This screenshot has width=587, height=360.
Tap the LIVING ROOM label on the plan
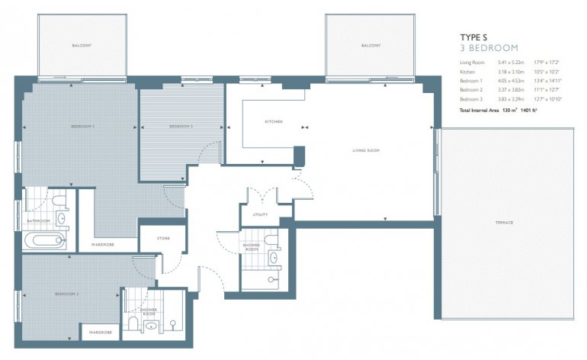(366, 150)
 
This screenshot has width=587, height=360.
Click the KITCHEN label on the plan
(274, 122)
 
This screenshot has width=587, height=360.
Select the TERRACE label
(503, 223)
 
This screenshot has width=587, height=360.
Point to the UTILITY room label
(260, 215)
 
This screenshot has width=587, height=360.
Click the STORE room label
(163, 239)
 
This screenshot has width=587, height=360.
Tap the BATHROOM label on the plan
(38, 221)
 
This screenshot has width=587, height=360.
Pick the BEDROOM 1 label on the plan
(82, 126)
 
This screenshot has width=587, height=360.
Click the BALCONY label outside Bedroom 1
(82, 46)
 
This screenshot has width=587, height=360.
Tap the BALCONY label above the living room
(370, 46)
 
